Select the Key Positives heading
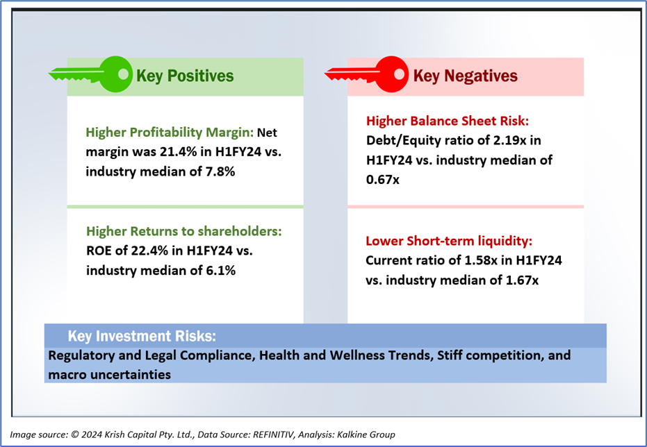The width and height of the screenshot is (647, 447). click(185, 76)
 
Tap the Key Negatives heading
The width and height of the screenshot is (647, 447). click(465, 76)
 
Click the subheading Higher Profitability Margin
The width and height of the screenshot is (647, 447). click(170, 132)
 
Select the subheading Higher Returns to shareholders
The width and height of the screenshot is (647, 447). click(183, 232)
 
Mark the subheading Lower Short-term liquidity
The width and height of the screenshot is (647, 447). click(448, 242)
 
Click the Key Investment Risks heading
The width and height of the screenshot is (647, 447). click(142, 337)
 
